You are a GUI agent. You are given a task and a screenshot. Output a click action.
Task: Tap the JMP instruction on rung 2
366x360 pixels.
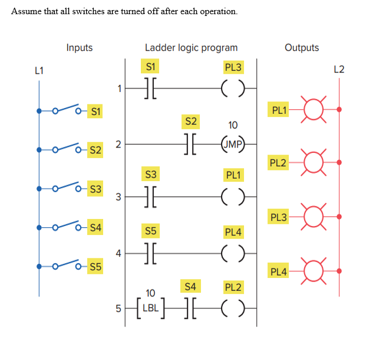pyautogui.click(x=233, y=143)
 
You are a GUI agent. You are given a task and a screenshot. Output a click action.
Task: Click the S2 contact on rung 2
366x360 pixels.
pyautogui.click(x=190, y=143)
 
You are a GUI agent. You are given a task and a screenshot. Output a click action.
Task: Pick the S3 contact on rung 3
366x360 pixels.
pyautogui.click(x=150, y=197)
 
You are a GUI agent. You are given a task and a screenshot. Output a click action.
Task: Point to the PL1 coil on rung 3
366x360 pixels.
pyautogui.click(x=233, y=197)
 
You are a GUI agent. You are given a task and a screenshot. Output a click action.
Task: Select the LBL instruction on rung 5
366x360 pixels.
pyautogui.click(x=150, y=307)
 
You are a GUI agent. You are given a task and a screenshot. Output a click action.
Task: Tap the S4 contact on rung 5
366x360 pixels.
pyautogui.click(x=190, y=307)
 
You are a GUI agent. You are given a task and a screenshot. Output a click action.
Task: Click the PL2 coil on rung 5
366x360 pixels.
pyautogui.click(x=233, y=307)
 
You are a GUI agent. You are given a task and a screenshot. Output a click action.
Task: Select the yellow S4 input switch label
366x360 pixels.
pyautogui.click(x=94, y=227)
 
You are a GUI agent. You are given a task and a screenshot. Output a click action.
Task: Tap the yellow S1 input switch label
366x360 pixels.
pyautogui.click(x=94, y=110)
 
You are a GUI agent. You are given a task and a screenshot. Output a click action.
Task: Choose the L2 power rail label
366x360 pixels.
pyautogui.click(x=339, y=70)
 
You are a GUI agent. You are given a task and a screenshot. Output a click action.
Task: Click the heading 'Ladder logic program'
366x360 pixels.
pyautogui.click(x=191, y=48)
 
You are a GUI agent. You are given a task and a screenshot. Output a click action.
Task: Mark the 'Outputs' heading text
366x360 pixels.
pyautogui.click(x=301, y=48)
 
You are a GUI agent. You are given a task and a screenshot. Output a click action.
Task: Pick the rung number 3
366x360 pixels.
pyautogui.click(x=118, y=197)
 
